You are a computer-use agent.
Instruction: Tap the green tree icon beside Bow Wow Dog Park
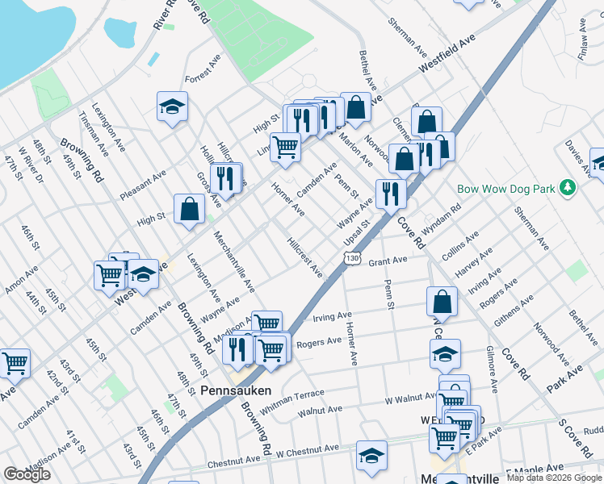pyautogui.click(x=568, y=188)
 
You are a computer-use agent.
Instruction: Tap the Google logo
pyautogui.click(x=27, y=474)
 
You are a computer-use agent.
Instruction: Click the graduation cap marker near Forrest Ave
pyautogui.click(x=172, y=107)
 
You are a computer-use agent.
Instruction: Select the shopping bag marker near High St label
pyautogui.click(x=189, y=209)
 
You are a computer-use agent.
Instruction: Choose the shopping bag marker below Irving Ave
pyautogui.click(x=443, y=302)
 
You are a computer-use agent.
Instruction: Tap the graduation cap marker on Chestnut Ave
pyautogui.click(x=371, y=457)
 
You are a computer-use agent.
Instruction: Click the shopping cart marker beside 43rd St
pyautogui.click(x=15, y=365)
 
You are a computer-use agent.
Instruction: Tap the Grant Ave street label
pyautogui.click(x=388, y=261)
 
